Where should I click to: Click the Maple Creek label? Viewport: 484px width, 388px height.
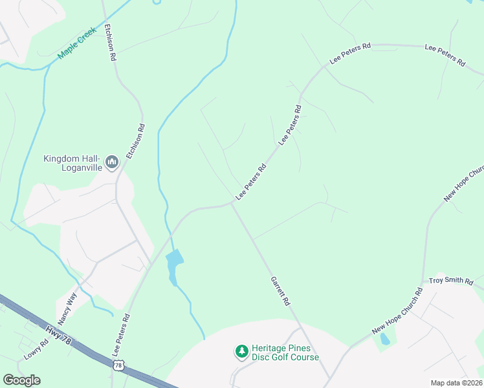click(77, 43)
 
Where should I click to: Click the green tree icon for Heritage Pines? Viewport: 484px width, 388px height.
click(241, 351)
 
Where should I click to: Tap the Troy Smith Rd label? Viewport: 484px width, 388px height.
click(452, 282)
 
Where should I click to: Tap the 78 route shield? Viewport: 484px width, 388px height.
click(118, 366)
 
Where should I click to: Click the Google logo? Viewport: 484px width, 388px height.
click(21, 380)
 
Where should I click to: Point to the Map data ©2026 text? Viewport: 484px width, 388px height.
click(456, 382)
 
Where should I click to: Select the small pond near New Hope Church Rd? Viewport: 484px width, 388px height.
click(385, 339)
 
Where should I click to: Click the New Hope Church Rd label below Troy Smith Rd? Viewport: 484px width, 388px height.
click(397, 312)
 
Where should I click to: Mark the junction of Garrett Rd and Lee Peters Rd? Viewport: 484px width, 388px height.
click(232, 204)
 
